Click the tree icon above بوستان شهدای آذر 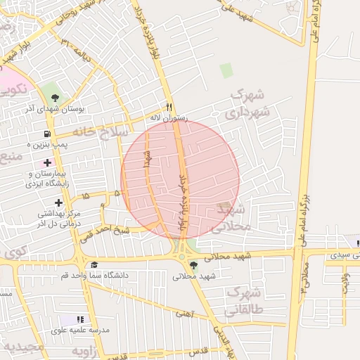tap(55, 97)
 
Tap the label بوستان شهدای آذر tap(55, 109)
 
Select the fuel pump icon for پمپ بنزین tap(47, 133)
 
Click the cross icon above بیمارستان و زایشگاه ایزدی tap(47, 162)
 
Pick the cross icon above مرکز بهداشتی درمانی tap(58, 202)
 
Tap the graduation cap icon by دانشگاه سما tap(94, 264)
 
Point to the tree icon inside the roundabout tap(193, 264)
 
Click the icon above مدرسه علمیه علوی tap(79, 319)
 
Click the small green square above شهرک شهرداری tap(226, 70)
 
